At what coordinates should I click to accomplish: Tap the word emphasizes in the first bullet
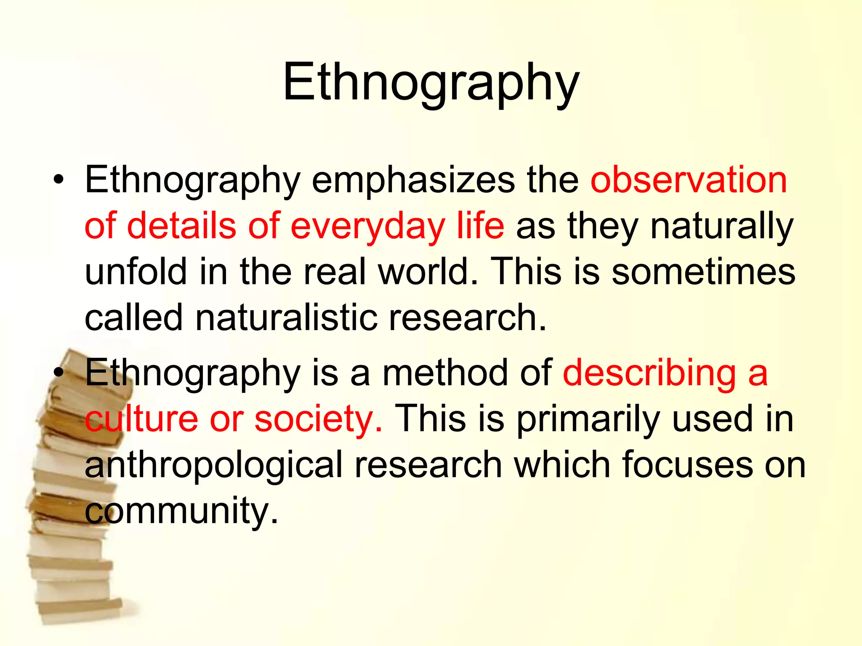click(x=412, y=181)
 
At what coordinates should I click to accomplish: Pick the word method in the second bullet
click(x=445, y=373)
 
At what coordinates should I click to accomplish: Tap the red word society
click(x=318, y=419)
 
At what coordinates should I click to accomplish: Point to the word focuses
click(x=687, y=464)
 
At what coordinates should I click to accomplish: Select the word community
click(x=181, y=511)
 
